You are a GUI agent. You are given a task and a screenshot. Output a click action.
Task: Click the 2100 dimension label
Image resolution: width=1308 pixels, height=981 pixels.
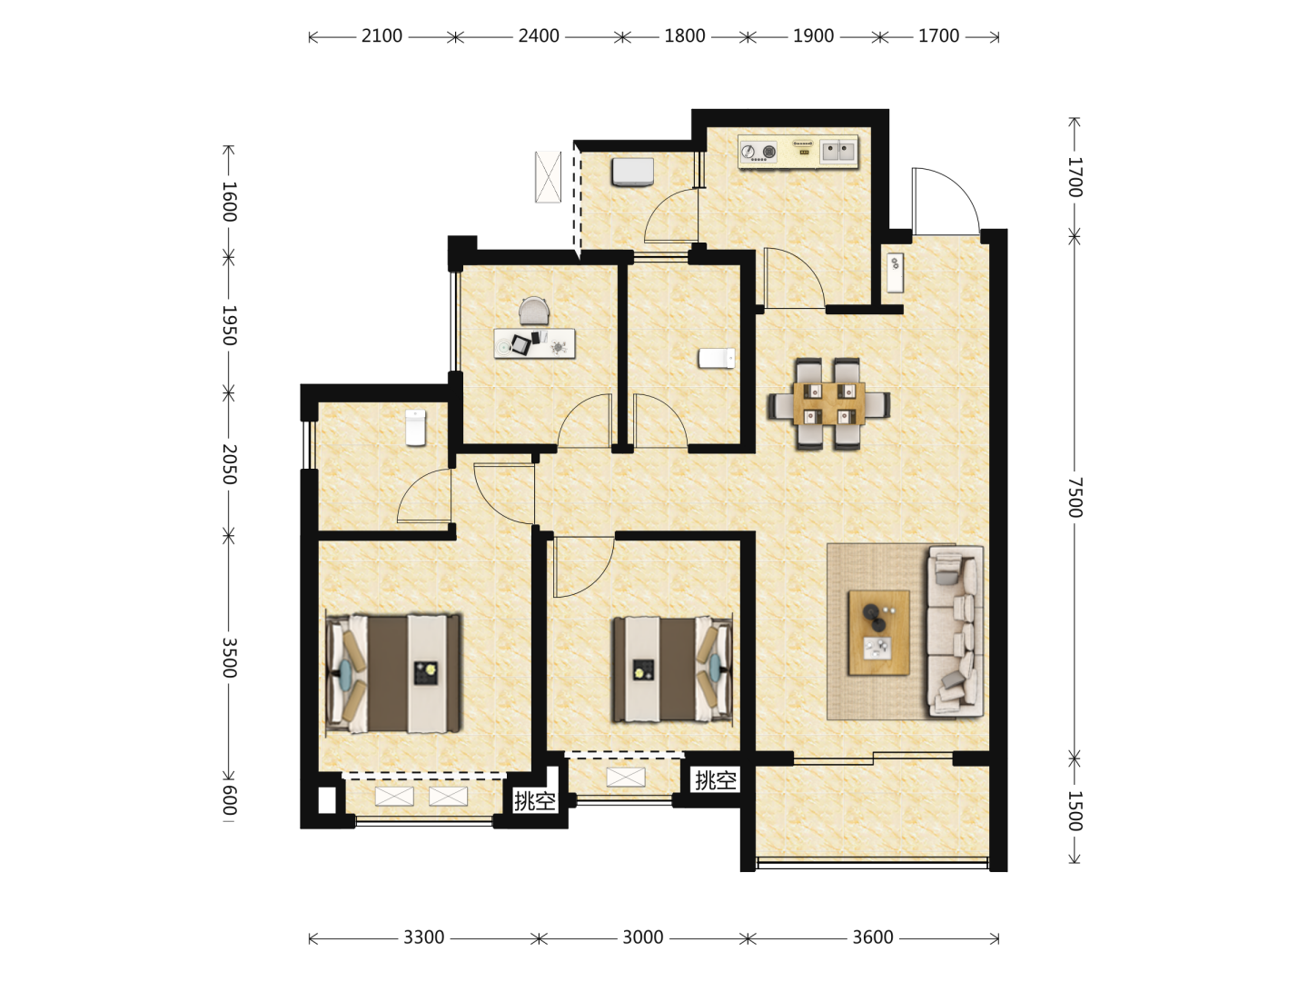coord(381,36)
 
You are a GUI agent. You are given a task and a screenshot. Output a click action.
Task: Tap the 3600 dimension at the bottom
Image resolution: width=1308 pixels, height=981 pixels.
coord(872,938)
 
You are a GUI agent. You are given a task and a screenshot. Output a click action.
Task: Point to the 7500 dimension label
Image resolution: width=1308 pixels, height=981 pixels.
coord(1075,498)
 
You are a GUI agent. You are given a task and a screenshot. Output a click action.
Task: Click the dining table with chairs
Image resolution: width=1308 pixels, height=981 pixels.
coord(829,403)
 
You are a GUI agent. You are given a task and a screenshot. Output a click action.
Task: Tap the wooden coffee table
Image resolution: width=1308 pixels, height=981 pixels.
coord(879,632)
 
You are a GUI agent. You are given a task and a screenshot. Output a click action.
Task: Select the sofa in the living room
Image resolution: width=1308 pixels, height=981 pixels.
coord(956,630)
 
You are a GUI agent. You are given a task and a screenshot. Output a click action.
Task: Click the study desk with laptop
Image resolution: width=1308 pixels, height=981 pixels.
coord(534,343)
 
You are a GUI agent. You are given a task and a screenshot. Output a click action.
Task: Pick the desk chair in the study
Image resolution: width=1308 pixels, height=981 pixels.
coord(534,311)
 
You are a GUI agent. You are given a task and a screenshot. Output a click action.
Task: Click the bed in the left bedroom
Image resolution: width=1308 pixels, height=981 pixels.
coord(393,674)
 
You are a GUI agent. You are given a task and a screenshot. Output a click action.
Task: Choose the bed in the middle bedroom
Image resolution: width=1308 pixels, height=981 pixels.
coord(673,670)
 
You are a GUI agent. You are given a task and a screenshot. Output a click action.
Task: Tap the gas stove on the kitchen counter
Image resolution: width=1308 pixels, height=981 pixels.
coord(758,152)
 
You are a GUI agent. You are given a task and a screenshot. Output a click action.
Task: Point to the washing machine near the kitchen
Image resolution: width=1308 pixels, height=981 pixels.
coord(632,172)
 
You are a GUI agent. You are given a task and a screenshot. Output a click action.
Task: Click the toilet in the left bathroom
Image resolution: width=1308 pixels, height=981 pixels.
coord(415,427)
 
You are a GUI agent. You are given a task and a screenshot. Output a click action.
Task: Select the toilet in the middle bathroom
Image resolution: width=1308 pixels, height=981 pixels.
coord(717,358)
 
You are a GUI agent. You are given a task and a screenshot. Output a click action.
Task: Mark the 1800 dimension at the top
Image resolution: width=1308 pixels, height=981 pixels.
coord(685,36)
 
